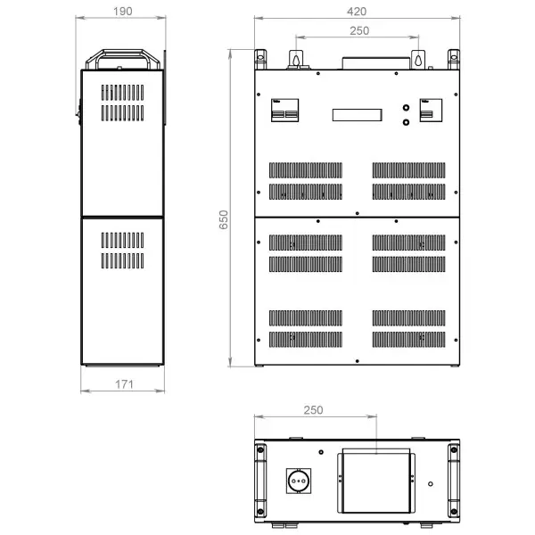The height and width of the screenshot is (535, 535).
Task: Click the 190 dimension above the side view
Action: coord(122,12)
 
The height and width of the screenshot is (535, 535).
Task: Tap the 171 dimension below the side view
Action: coord(124,384)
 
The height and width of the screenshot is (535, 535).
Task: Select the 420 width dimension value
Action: coord(357,12)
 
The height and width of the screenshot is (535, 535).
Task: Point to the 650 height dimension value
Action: coord(224,219)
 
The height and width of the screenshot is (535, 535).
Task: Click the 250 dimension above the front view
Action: coord(359,30)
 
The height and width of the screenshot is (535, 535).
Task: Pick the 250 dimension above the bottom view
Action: coord(313,410)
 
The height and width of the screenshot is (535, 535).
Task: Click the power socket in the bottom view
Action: coord(299,481)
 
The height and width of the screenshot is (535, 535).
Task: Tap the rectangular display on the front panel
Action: coord(358,115)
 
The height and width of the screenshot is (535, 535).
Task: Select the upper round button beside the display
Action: coord(406,108)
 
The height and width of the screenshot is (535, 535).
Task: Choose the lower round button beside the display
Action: coord(406,122)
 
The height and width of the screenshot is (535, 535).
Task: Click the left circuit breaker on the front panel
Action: coord(285,111)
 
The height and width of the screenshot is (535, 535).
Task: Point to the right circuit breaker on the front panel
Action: coord(431,111)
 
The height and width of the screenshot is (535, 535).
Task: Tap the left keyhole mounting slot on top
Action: coord(296,59)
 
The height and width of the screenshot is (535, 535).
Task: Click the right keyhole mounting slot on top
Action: coord(418,59)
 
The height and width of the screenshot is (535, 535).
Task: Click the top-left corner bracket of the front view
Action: coord(260,60)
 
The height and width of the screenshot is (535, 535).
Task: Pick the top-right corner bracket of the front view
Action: coord(454,60)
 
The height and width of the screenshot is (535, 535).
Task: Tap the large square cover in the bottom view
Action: coord(376,481)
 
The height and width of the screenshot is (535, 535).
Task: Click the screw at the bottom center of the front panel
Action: coord(358,361)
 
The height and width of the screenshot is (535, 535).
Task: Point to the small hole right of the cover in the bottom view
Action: coord(431,484)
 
